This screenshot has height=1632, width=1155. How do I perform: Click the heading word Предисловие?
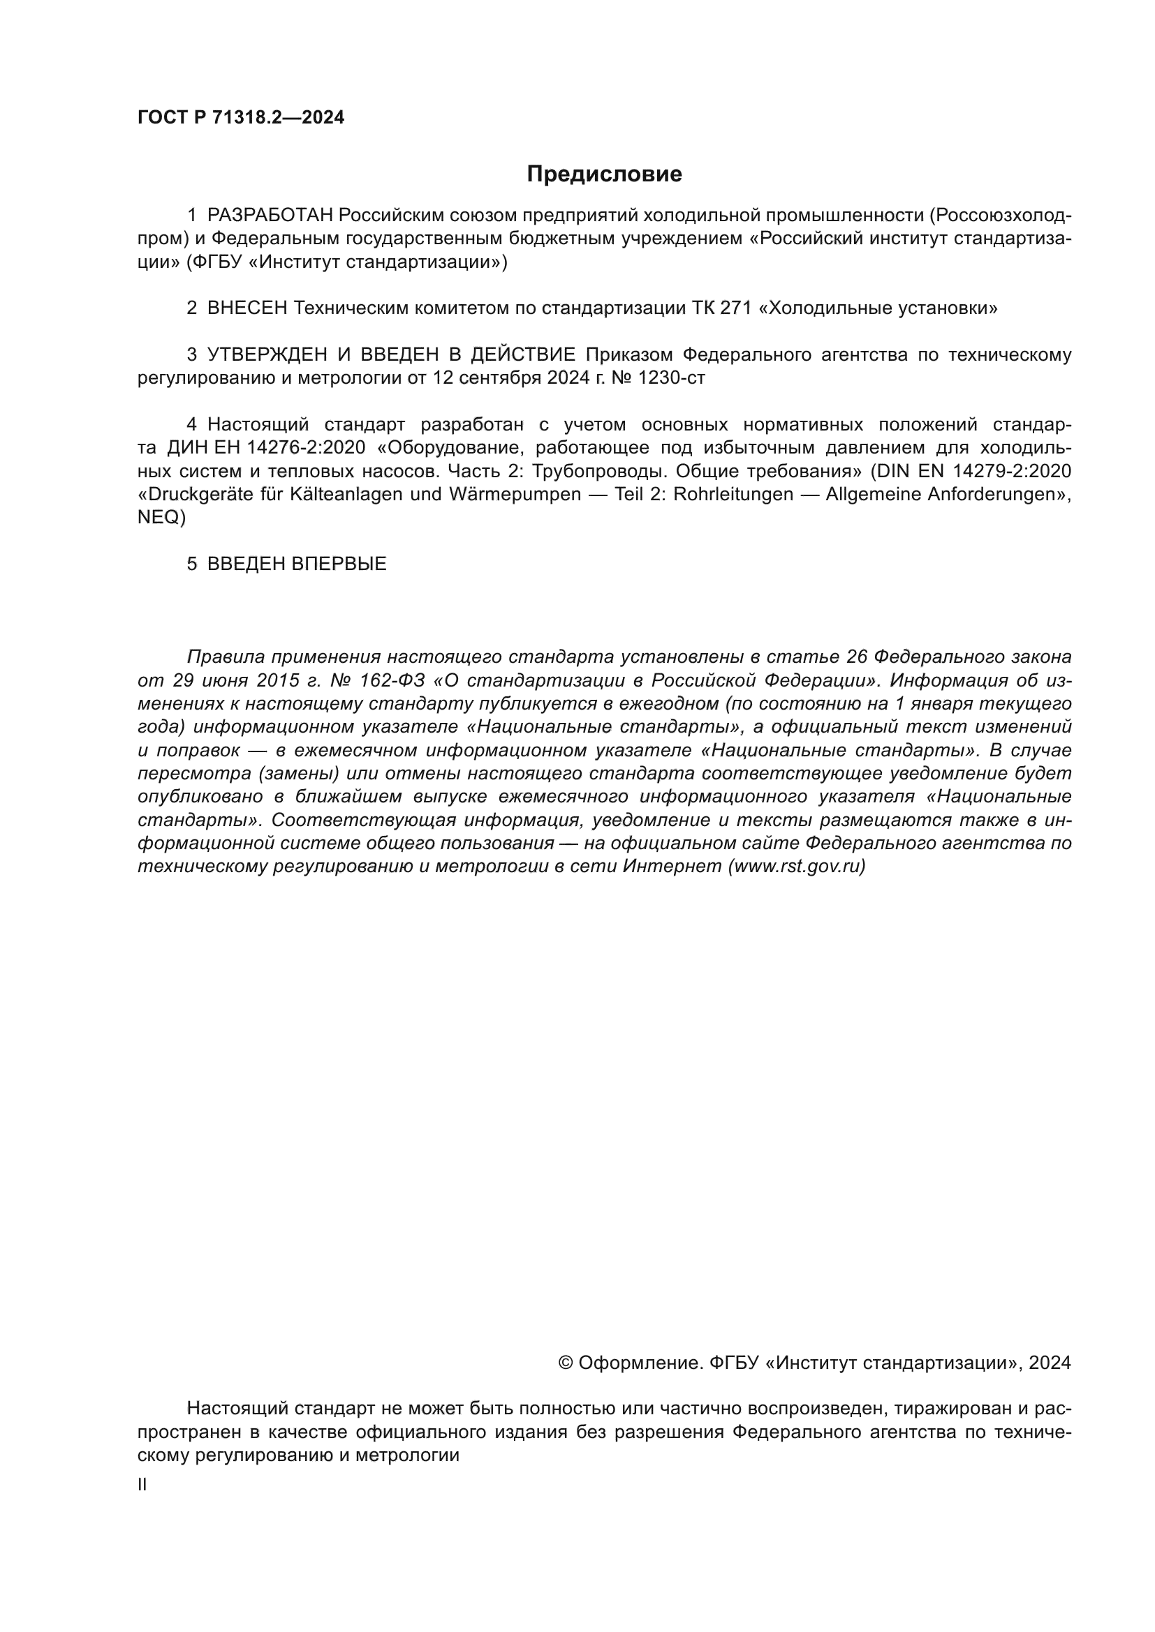(604, 174)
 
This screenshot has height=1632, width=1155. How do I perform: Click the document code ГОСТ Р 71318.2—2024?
(241, 118)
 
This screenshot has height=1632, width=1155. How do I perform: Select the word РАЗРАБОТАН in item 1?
(270, 215)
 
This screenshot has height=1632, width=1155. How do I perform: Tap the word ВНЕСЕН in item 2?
(247, 308)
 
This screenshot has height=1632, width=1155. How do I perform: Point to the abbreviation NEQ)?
(161, 518)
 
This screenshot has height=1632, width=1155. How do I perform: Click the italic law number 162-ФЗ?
(391, 680)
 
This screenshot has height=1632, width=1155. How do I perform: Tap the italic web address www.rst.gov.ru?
(797, 867)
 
